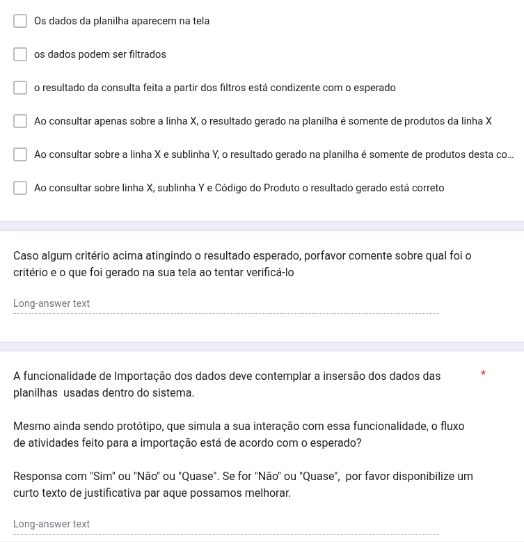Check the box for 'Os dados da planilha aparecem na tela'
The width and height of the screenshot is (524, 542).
20,21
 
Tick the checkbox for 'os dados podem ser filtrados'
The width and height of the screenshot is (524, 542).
20,54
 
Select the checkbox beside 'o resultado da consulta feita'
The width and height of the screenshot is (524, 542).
20,88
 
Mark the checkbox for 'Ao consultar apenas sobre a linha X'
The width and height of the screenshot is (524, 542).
20,121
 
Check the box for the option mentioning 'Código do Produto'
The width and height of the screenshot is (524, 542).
20,188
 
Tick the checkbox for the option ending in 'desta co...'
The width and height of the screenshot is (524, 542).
20,154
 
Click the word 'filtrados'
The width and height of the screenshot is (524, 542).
145,54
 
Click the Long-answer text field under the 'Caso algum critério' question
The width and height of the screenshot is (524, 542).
226,304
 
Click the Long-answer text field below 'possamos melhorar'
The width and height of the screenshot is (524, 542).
226,525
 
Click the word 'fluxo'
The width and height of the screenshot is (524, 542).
450,426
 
